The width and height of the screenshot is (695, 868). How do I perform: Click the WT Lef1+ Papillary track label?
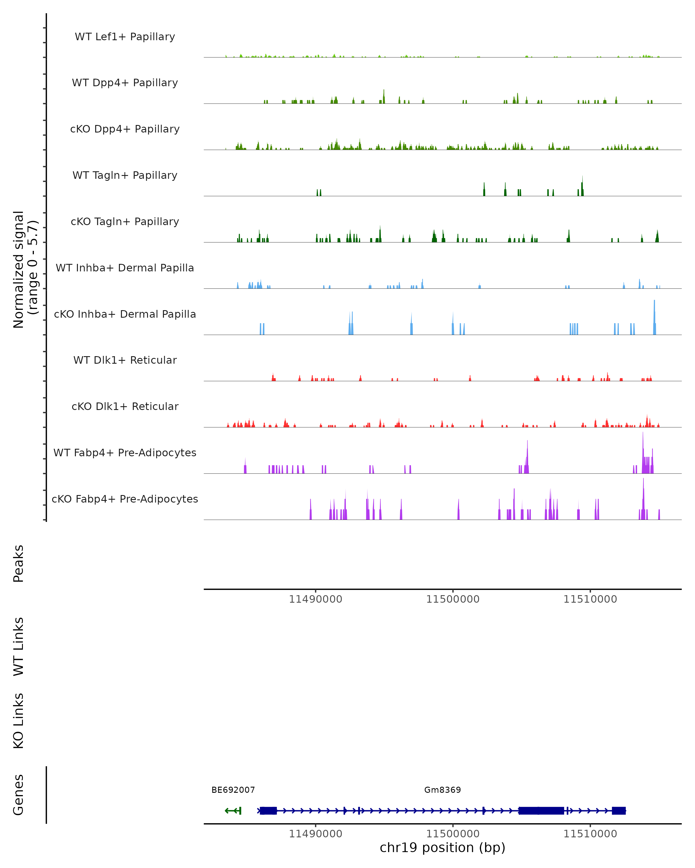[x=125, y=37]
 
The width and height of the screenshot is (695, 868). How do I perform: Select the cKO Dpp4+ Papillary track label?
[x=125, y=129]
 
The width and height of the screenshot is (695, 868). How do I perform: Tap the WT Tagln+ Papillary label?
[x=125, y=176]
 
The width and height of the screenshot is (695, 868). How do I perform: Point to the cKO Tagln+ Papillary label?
[x=125, y=222]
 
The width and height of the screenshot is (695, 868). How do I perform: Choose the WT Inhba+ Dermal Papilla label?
[x=125, y=268]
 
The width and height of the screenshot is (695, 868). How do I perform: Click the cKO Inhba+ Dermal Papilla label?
[x=125, y=315]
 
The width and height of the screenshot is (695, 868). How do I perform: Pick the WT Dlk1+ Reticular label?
[x=125, y=360]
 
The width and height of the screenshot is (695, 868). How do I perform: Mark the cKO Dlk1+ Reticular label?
[x=125, y=407]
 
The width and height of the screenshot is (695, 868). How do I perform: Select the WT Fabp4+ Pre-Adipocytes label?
[x=125, y=453]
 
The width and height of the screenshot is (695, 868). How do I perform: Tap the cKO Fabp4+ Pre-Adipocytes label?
[x=125, y=499]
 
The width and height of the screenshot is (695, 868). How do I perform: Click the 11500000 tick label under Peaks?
[x=453, y=599]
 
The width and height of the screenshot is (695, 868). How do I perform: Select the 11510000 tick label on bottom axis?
[x=590, y=834]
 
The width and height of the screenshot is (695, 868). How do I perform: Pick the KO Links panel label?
[x=19, y=721]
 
